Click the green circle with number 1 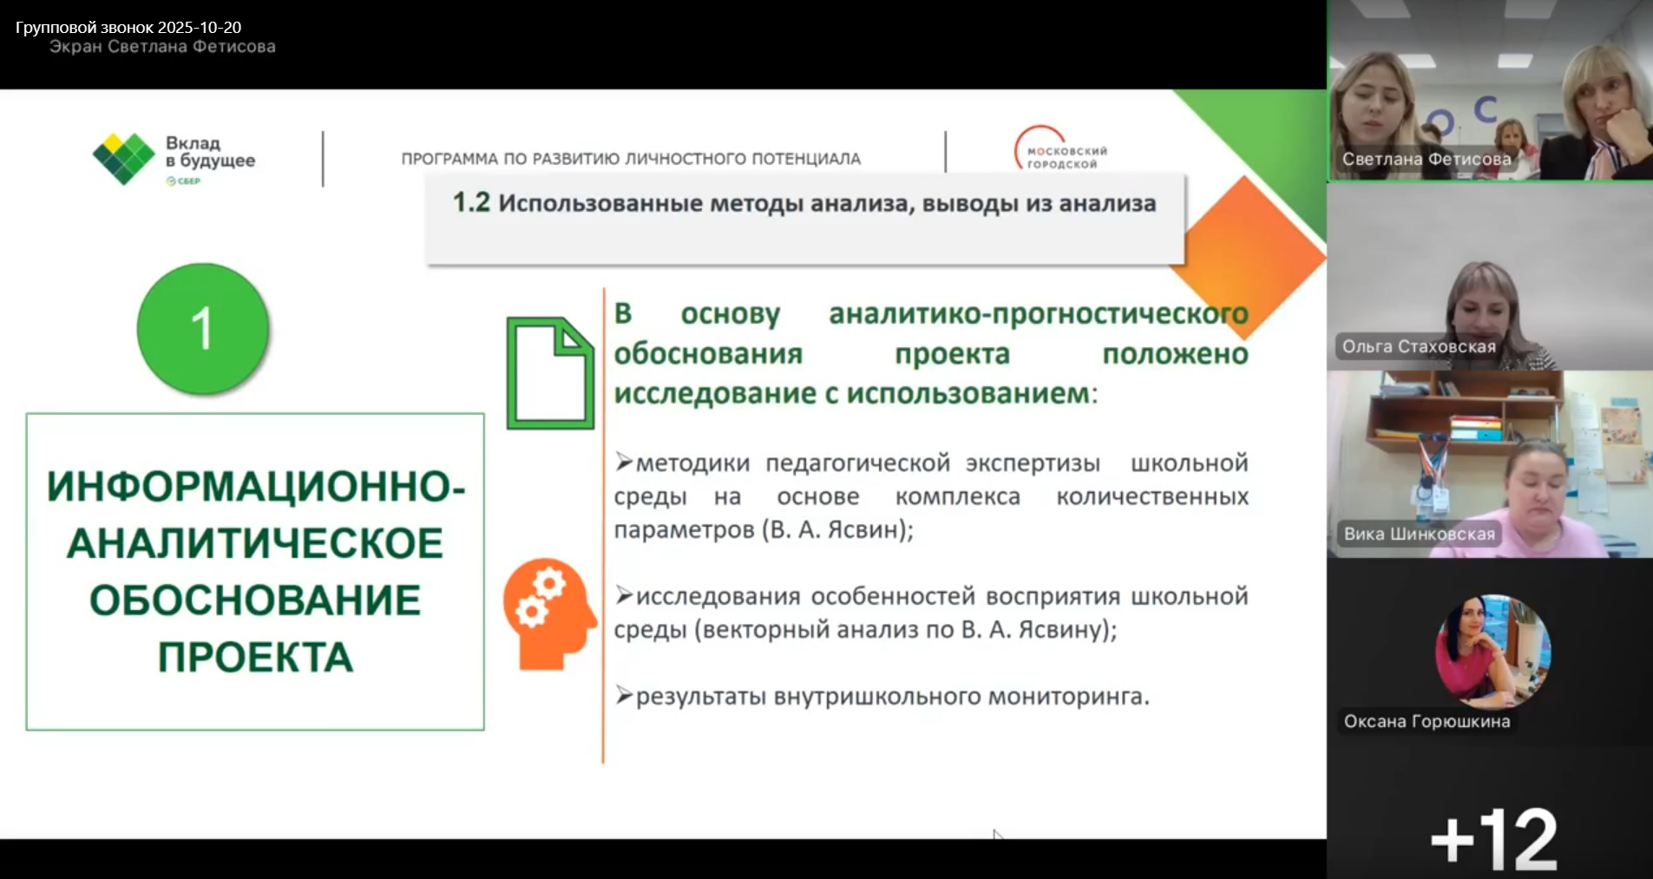tap(203, 328)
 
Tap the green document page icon tap(550, 373)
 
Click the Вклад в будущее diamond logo tap(123, 159)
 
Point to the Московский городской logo tap(1061, 149)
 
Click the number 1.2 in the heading tap(471, 203)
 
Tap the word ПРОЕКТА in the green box tap(255, 657)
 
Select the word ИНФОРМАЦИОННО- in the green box tap(256, 486)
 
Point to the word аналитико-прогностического tap(1039, 314)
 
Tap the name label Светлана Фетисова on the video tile tap(1427, 159)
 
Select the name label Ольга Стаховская tap(1419, 346)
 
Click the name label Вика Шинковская tap(1419, 534)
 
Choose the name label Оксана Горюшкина tap(1427, 721)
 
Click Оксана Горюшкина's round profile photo tap(1492, 652)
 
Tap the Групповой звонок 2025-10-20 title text tap(128, 28)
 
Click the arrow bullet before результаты tap(624, 695)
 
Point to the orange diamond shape tap(1247, 258)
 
